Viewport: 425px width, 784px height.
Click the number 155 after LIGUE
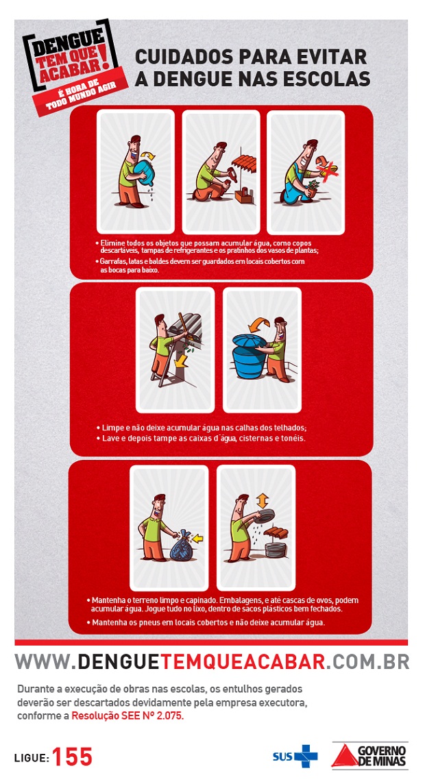point(73,757)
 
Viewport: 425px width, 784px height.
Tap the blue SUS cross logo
point(306,756)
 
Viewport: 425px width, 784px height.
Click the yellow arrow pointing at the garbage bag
point(199,539)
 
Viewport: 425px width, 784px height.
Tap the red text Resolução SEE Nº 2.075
point(127,715)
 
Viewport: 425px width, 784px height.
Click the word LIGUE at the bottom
point(32,758)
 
